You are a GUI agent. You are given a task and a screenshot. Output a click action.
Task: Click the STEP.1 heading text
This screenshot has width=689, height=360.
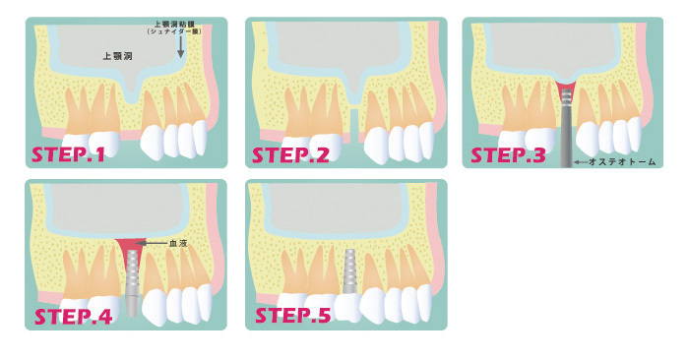69,154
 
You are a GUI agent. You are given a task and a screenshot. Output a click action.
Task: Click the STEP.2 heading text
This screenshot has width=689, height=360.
290,155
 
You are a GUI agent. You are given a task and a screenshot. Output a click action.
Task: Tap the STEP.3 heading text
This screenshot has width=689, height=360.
509,155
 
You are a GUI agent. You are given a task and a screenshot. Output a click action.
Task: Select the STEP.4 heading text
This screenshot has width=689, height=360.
74,317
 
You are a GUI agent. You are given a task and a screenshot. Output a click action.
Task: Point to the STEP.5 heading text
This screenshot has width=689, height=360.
293,316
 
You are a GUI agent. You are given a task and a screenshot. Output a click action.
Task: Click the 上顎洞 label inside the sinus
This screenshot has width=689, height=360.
117,56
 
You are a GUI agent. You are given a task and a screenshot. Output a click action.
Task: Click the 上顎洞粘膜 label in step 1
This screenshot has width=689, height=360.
174,25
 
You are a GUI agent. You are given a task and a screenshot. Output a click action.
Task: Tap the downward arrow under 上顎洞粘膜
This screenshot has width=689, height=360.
180,46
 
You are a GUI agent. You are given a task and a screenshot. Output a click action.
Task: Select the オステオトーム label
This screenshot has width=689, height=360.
622,162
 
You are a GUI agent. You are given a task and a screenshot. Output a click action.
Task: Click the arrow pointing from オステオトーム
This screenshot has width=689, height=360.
581,162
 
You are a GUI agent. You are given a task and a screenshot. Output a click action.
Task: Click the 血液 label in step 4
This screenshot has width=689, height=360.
178,243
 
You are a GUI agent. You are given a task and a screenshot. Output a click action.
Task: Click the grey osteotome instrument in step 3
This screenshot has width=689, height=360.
567,128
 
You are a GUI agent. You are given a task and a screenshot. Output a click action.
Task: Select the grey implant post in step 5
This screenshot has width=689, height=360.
349,270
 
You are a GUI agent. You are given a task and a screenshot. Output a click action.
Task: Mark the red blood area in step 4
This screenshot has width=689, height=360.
131,254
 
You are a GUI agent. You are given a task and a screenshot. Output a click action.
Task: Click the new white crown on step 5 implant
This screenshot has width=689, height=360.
348,307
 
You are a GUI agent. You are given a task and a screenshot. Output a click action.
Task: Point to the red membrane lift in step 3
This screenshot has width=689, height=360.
567,88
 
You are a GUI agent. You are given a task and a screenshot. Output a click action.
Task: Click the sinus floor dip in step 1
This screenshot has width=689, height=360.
131,92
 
